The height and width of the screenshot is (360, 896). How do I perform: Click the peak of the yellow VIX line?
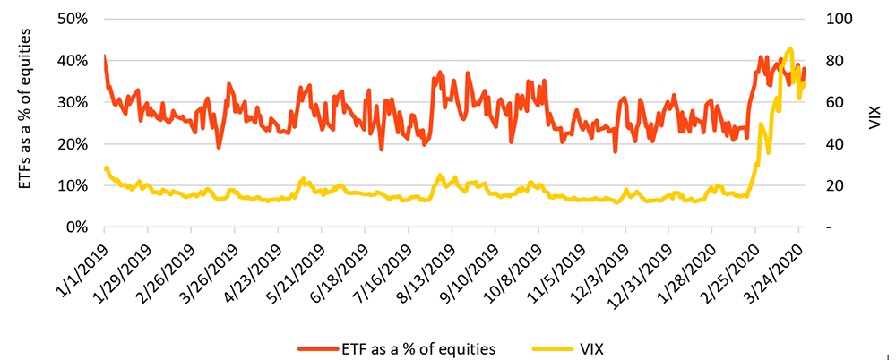click(790, 48)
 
